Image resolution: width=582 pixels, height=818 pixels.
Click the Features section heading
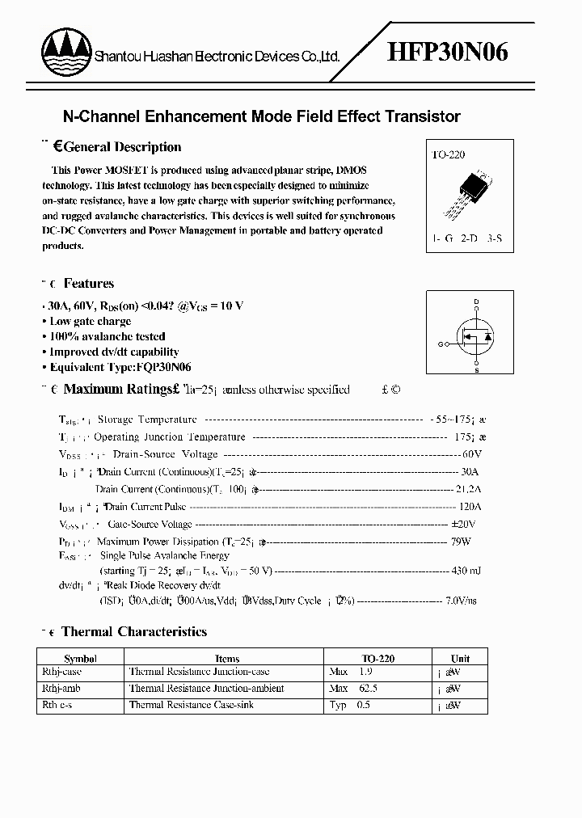(88, 284)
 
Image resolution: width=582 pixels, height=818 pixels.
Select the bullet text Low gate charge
(90, 321)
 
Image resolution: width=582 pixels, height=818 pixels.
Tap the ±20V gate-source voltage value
(466, 525)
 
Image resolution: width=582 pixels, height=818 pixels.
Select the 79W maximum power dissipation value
(470, 542)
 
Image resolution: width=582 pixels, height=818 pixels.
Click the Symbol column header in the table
(80, 659)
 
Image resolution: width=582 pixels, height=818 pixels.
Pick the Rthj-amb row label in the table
(61, 689)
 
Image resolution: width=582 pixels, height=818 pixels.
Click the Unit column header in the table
(460, 659)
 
